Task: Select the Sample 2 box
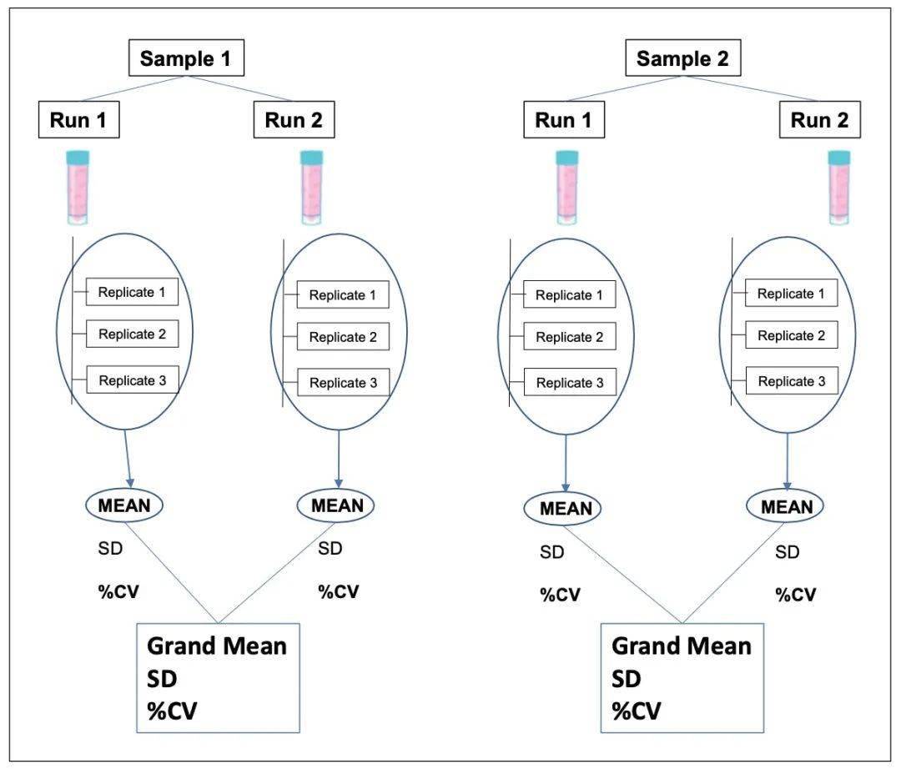click(x=682, y=59)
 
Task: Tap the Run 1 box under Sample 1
click(x=79, y=121)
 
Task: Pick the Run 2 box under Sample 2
click(x=819, y=121)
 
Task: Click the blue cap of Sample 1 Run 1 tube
click(x=79, y=157)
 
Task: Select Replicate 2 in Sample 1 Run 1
click(x=132, y=334)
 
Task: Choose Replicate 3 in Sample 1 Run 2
click(x=343, y=384)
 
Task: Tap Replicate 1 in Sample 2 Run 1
click(x=569, y=295)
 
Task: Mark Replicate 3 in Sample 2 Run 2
click(x=791, y=382)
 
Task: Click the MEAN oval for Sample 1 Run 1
click(x=124, y=505)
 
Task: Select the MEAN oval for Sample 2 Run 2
click(x=787, y=506)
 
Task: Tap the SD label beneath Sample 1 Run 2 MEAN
click(x=330, y=549)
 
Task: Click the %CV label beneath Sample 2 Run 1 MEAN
click(x=560, y=595)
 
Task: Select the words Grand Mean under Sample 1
click(x=216, y=646)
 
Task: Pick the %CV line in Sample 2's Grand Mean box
click(x=637, y=711)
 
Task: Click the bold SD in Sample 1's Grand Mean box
click(x=163, y=678)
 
